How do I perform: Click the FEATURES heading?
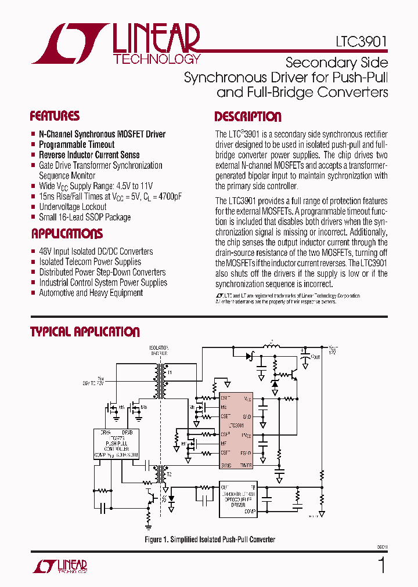[x=55, y=115]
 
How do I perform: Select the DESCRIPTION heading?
[x=248, y=117]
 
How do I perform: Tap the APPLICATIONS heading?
[x=66, y=234]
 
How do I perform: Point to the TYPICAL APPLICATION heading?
[x=85, y=332]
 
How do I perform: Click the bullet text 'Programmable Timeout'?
[x=77, y=144]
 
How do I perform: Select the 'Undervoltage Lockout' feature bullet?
[x=73, y=207]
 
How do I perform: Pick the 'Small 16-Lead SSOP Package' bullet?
[x=85, y=218]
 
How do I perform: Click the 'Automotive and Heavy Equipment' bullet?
[x=91, y=293]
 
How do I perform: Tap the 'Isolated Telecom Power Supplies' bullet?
[x=90, y=262]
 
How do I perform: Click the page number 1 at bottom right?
[x=381, y=564]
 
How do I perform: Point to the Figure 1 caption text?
[x=210, y=539]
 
